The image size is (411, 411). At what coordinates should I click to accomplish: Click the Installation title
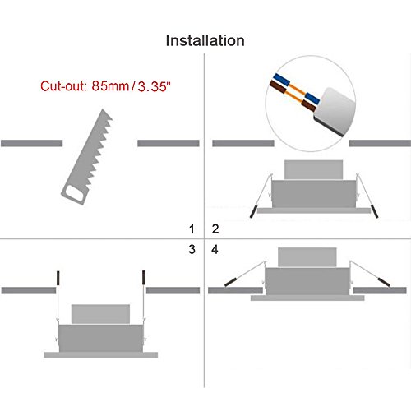click(205, 40)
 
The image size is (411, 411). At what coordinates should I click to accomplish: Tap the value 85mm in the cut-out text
click(110, 86)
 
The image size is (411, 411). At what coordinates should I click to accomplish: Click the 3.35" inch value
click(154, 86)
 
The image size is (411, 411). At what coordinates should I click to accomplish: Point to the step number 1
click(192, 229)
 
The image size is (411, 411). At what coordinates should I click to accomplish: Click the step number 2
click(215, 229)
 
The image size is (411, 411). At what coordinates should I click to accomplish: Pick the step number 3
click(192, 249)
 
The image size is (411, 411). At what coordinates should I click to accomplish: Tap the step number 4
click(215, 249)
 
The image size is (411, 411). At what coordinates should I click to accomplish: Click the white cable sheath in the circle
click(335, 112)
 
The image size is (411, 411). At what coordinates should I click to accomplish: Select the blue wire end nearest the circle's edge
click(279, 79)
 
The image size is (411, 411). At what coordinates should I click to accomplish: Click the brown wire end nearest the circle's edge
click(277, 87)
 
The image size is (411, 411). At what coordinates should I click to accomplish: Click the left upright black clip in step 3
click(58, 278)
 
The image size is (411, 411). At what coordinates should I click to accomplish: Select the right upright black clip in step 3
click(144, 278)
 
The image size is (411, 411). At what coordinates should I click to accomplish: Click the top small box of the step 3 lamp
click(100, 314)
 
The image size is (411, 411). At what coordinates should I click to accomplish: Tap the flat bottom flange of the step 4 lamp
click(307, 298)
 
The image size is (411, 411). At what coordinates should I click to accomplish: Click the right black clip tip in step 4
click(384, 282)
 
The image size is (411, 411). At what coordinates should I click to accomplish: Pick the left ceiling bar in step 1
click(32, 143)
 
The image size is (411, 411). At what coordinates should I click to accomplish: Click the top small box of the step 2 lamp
click(313, 170)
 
